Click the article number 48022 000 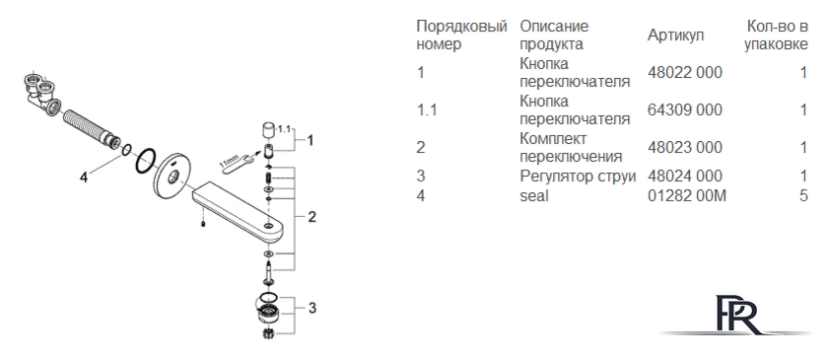click(x=684, y=72)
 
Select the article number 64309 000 click(x=684, y=109)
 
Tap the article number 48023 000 click(x=684, y=148)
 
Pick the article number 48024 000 click(x=684, y=176)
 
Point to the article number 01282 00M click(x=687, y=196)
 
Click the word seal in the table click(x=534, y=196)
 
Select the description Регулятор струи click(x=578, y=177)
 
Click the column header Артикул click(x=675, y=36)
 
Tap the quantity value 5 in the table click(x=803, y=196)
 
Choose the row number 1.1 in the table click(x=427, y=109)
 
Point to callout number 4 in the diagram click(x=84, y=178)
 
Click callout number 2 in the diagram click(x=312, y=216)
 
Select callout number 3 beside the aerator click(x=312, y=307)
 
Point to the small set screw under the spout click(x=203, y=225)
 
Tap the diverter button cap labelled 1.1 click(x=269, y=130)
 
